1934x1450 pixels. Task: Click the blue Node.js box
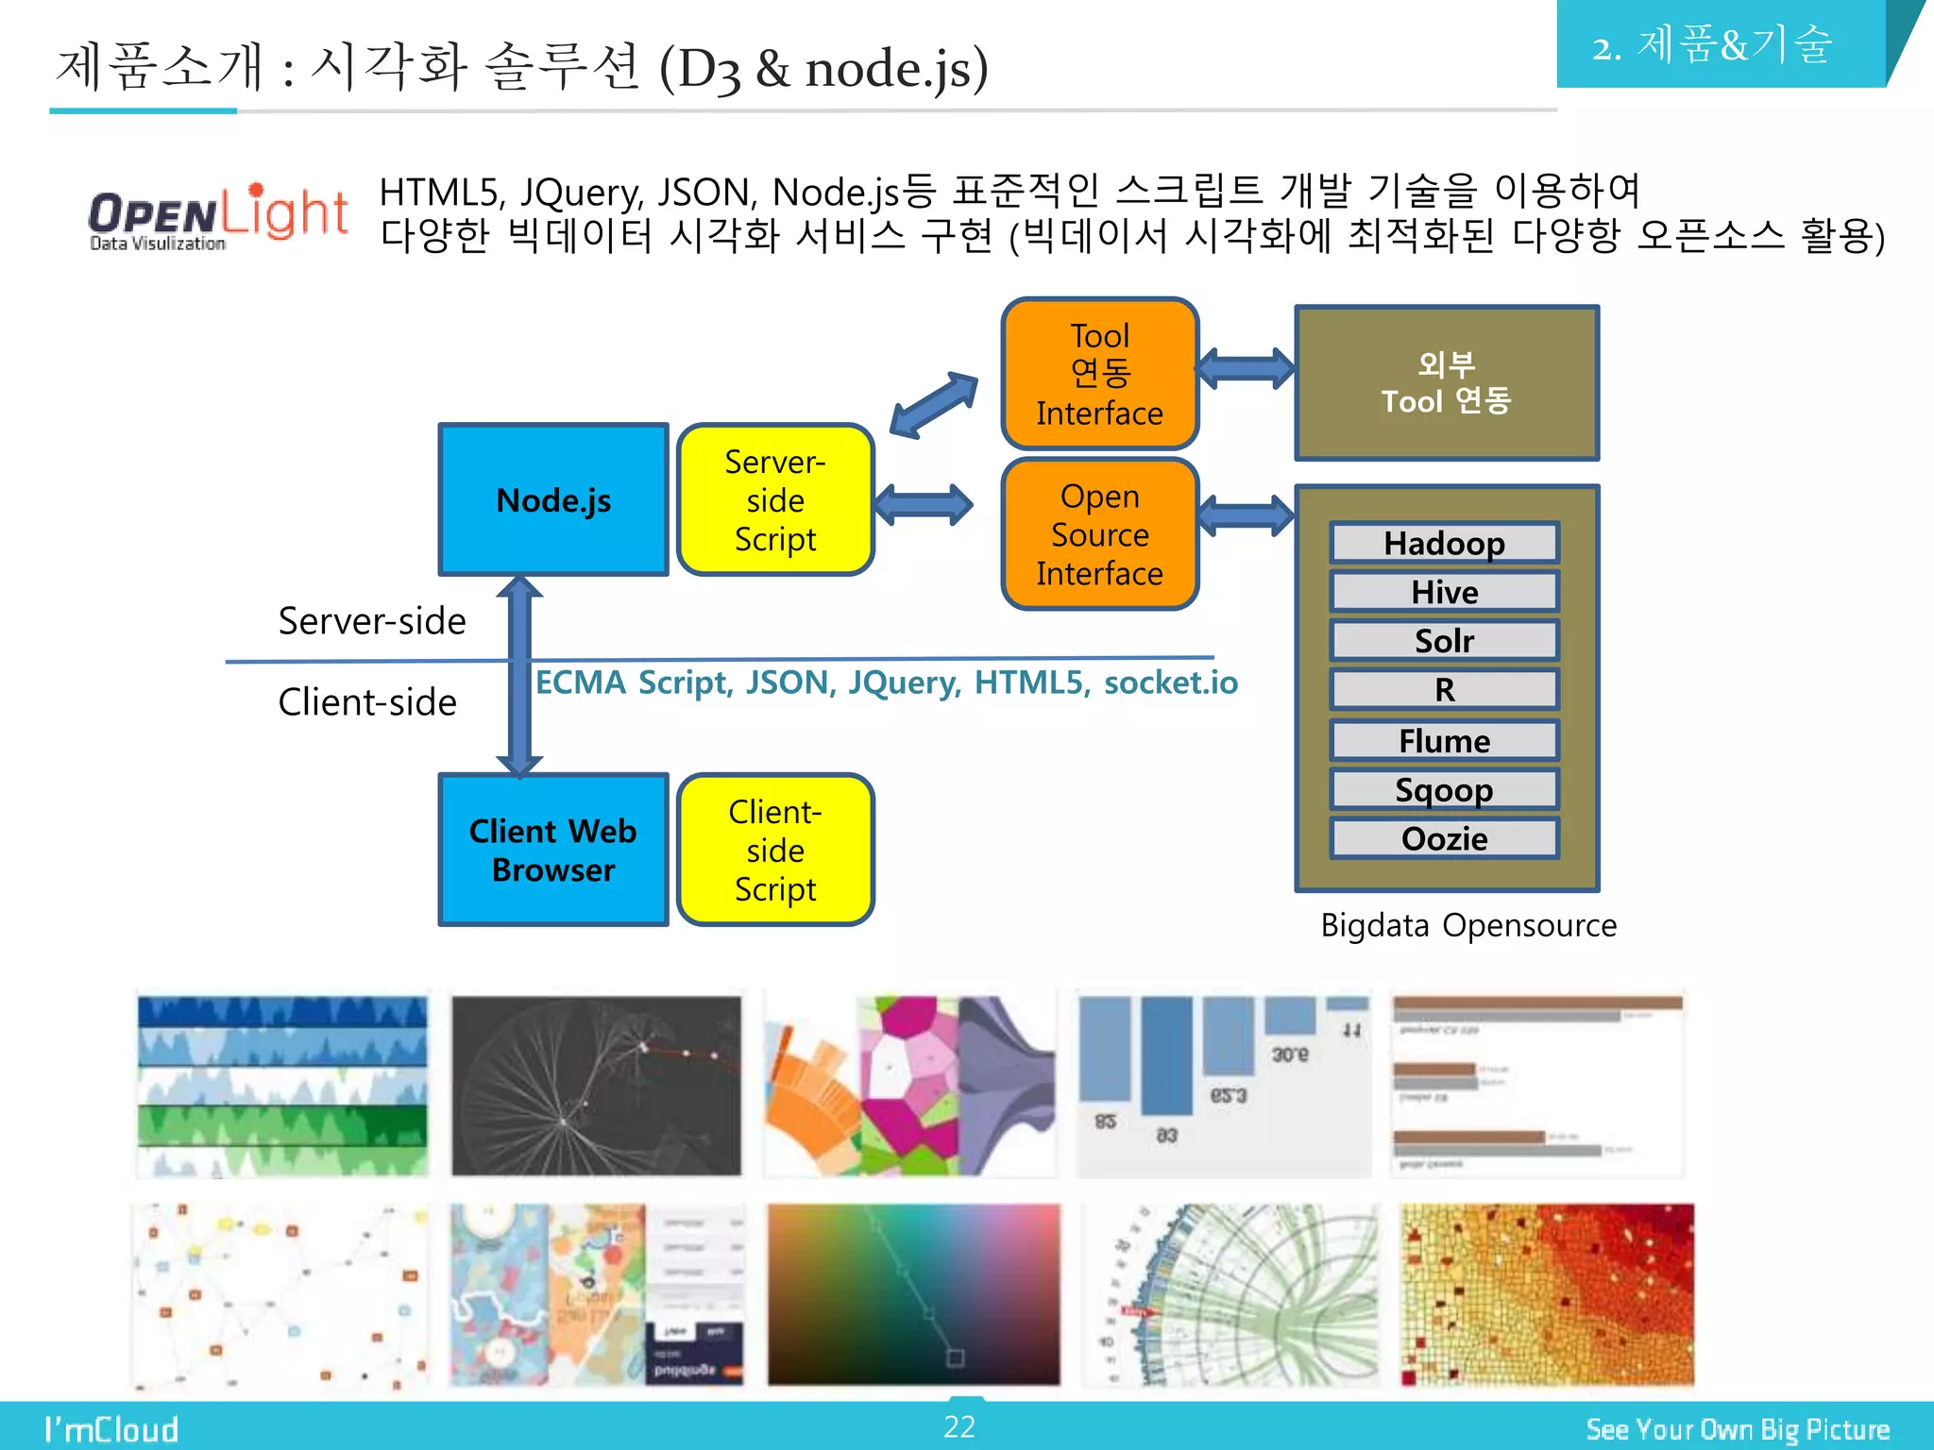(553, 499)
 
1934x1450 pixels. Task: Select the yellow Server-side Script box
(775, 499)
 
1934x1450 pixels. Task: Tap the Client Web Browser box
(553, 850)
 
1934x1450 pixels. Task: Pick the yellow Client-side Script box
(775, 850)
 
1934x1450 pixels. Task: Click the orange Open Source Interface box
(1099, 534)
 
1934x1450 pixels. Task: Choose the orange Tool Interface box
(1099, 374)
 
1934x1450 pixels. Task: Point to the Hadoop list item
(1444, 544)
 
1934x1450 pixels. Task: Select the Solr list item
(1444, 641)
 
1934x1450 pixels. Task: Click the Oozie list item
(1444, 838)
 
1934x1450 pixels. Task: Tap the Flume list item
(1444, 741)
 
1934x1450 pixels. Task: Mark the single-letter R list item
(1444, 690)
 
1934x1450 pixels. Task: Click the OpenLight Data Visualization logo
(218, 217)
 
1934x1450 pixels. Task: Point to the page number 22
(959, 1426)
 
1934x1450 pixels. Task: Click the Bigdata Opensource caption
(1467, 925)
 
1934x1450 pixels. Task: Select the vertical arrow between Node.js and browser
(519, 676)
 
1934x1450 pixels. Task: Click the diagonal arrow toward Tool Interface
(933, 404)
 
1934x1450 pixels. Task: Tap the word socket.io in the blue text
(1170, 683)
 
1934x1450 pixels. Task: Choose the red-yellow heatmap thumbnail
(1546, 1294)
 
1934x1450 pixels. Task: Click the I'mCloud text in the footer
(111, 1429)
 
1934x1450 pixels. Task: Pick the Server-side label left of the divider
(372, 621)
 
